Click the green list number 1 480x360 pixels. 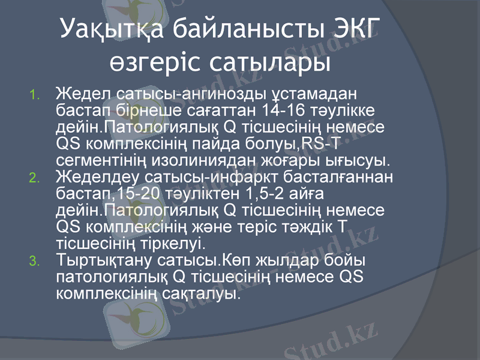tap(35, 95)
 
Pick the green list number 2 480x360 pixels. tap(35, 178)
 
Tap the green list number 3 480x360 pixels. tap(35, 261)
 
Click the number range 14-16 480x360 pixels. tap(280, 111)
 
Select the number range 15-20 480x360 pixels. tap(140, 194)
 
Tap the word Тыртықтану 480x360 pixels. tap(103, 261)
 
